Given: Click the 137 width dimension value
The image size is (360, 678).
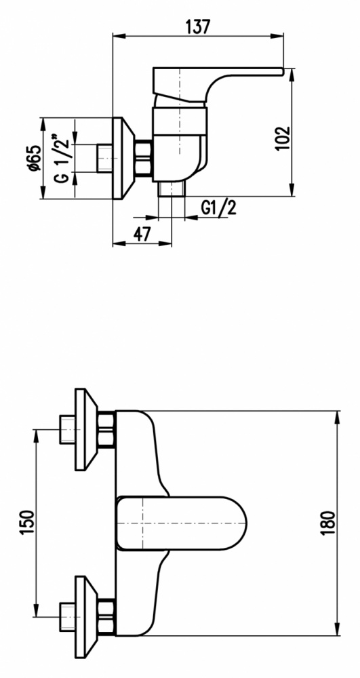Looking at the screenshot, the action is tap(197, 27).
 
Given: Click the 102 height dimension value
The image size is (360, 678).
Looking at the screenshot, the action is tap(283, 138).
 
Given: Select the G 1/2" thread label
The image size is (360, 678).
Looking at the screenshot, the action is tap(62, 158).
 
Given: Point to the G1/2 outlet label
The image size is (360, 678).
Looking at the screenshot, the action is tap(219, 208).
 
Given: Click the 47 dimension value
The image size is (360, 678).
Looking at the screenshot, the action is tap(142, 234).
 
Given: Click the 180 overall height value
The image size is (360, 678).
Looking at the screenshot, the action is tap(328, 522).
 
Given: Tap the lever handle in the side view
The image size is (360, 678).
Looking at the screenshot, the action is tap(216, 84).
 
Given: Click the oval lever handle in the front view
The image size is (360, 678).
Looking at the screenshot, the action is tap(182, 523).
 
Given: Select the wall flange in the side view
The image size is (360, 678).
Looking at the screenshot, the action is tap(123, 158).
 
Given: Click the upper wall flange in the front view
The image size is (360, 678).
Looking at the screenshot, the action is tap(86, 429).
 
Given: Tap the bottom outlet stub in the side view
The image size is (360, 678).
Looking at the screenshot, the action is tap(172, 189).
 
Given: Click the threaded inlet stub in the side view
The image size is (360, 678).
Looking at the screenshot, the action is tap(104, 158).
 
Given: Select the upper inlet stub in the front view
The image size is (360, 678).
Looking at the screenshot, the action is tap(67, 429).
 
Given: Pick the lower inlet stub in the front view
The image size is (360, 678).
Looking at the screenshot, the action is tap(67, 617).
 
